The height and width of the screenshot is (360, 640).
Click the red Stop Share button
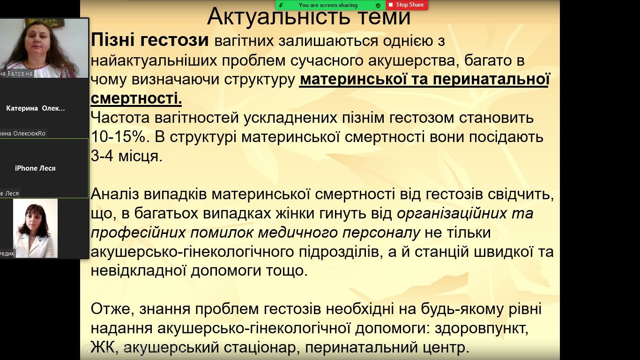(x=407, y=5)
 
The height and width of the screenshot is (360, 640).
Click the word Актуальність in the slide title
(x=278, y=16)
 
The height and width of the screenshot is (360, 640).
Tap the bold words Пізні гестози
(x=150, y=40)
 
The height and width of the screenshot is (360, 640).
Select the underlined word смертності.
(x=136, y=98)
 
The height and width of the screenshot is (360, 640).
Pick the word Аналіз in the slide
(x=115, y=195)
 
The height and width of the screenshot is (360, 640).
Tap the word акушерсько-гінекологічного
(x=192, y=252)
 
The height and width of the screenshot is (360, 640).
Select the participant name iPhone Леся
(x=35, y=168)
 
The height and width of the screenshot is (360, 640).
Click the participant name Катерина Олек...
(x=36, y=108)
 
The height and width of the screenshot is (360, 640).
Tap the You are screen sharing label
(x=328, y=5)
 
